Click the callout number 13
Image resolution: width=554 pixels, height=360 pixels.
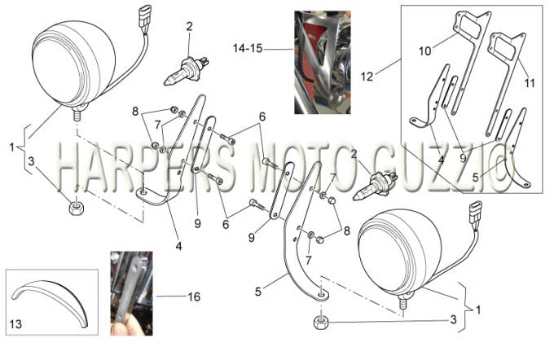[15, 324]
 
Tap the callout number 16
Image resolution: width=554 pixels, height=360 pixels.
[195, 296]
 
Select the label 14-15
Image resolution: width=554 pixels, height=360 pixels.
[248, 48]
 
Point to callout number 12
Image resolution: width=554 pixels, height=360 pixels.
[367, 77]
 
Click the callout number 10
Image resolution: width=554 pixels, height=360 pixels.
[425, 51]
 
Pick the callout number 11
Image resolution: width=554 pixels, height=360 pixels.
[530, 83]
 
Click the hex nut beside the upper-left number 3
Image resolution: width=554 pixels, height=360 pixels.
[76, 209]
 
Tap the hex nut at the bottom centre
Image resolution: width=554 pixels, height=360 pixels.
[321, 323]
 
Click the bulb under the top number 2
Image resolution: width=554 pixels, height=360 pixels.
[186, 72]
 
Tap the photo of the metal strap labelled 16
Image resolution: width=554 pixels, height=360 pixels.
[131, 293]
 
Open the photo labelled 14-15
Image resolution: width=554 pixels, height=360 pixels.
[323, 62]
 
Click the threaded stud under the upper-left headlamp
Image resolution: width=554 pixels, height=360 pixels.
[77, 115]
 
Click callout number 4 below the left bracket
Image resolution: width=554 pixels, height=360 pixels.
[178, 246]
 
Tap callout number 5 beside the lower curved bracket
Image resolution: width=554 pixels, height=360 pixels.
[258, 292]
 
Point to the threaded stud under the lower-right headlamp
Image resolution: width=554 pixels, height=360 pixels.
[402, 303]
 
